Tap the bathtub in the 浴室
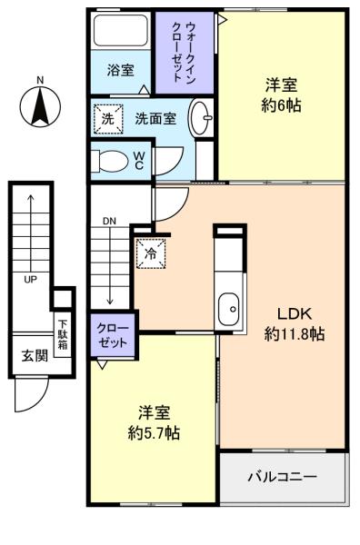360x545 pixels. pyautogui.click(x=121, y=30)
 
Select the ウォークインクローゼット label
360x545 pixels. pyautogui.click(x=185, y=52)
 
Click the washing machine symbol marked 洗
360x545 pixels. pyautogui.click(x=108, y=119)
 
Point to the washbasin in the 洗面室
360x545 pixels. pyautogui.click(x=201, y=117)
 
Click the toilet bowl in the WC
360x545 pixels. pyautogui.click(x=109, y=161)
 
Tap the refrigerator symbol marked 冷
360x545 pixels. pyautogui.click(x=151, y=253)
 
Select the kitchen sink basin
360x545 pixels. pyautogui.click(x=228, y=309)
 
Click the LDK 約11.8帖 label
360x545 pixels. pyautogui.click(x=295, y=324)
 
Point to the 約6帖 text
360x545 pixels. pyautogui.click(x=281, y=105)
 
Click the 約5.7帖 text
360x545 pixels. pyautogui.click(x=154, y=433)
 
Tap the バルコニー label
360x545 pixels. pyautogui.click(x=283, y=476)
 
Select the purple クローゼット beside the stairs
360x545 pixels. pyautogui.click(x=113, y=335)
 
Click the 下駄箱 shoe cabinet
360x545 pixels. pyautogui.click(x=63, y=334)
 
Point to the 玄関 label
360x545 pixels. pyautogui.click(x=35, y=355)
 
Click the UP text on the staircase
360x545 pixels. pyautogui.click(x=30, y=279)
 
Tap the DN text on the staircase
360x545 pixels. pyautogui.click(x=109, y=221)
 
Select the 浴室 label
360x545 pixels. pyautogui.click(x=120, y=70)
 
